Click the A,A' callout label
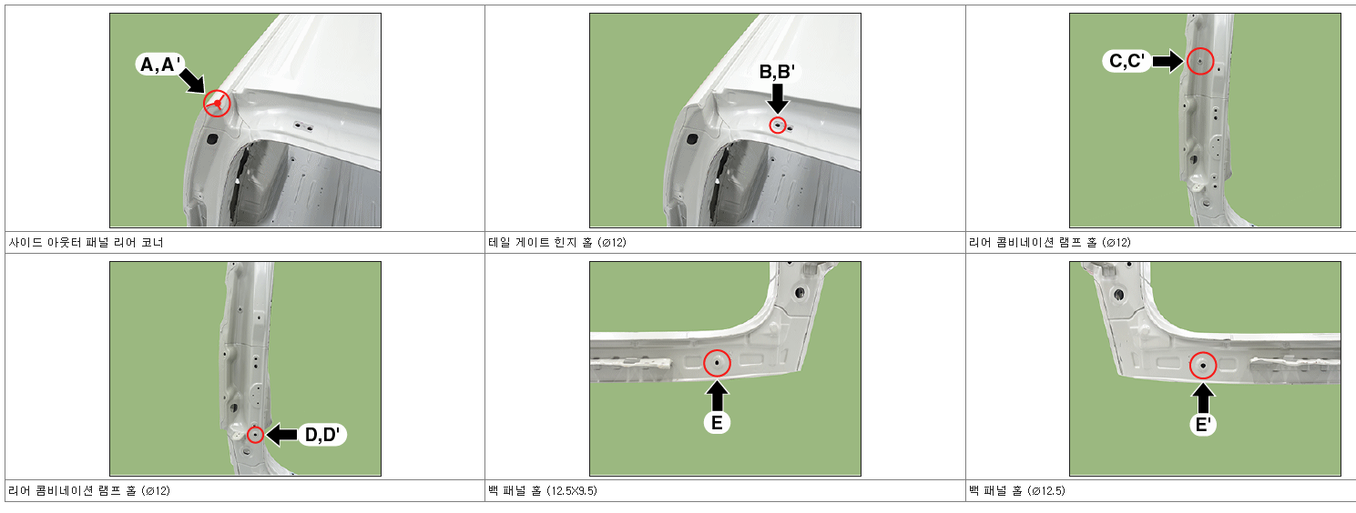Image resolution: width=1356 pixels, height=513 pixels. [159, 64]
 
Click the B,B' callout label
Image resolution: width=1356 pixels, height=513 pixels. [778, 72]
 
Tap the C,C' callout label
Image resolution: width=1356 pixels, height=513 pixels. [1127, 61]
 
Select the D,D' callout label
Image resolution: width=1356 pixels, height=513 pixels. [322, 435]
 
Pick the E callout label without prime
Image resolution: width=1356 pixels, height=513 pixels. [717, 422]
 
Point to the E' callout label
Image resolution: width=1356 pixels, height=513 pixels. [1203, 425]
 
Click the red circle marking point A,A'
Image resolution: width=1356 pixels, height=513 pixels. [217, 104]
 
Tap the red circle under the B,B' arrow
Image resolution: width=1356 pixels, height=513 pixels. [778, 126]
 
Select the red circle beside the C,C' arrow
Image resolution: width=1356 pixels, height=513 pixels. [1200, 61]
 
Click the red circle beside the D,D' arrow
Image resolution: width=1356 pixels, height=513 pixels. [256, 435]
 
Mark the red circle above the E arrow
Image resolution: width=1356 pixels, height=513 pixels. [717, 363]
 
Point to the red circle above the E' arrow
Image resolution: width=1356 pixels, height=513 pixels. [1203, 366]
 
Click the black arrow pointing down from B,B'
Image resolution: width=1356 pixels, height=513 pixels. [778, 98]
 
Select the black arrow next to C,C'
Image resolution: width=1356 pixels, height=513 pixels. [1167, 61]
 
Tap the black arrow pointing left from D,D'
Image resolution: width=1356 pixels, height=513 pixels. [281, 435]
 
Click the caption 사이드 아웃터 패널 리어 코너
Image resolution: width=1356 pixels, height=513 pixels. [86, 243]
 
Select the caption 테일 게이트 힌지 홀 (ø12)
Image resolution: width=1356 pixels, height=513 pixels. [557, 243]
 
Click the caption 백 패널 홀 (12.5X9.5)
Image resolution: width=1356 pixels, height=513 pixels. [543, 490]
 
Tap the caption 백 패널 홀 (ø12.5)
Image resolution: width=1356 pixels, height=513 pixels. [1017, 490]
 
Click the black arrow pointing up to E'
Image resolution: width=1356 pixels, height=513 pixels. [1203, 399]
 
